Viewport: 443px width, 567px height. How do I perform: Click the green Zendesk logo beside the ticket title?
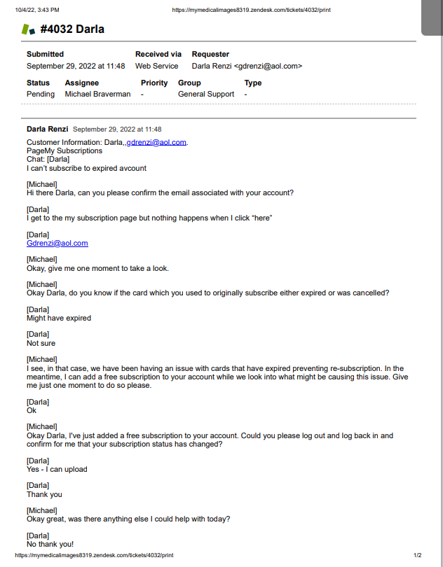[28, 29]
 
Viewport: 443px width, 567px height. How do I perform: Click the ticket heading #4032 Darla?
[72, 29]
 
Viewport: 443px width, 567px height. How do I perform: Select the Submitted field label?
[45, 54]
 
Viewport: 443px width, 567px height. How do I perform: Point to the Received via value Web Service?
[156, 66]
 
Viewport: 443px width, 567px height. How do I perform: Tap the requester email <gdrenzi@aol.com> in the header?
[268, 66]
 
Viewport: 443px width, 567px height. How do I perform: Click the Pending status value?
[41, 94]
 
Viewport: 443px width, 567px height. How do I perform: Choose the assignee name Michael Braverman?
[98, 94]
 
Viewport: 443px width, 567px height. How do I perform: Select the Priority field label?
[154, 83]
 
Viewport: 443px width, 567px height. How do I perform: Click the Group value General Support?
[206, 94]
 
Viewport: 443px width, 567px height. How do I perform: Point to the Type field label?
[253, 83]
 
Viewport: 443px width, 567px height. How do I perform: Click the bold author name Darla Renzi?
[47, 129]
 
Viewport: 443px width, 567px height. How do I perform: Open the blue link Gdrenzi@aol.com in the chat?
[57, 243]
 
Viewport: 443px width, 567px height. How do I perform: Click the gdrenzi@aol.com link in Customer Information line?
[156, 142]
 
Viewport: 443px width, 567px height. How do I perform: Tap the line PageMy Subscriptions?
[64, 150]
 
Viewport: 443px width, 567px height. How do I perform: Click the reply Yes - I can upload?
[57, 469]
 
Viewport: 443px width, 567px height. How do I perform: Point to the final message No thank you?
[50, 544]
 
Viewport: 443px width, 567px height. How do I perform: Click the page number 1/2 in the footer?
[418, 555]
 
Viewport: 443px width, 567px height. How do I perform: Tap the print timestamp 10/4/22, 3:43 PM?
[38, 10]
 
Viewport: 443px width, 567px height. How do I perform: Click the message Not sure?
[41, 343]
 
